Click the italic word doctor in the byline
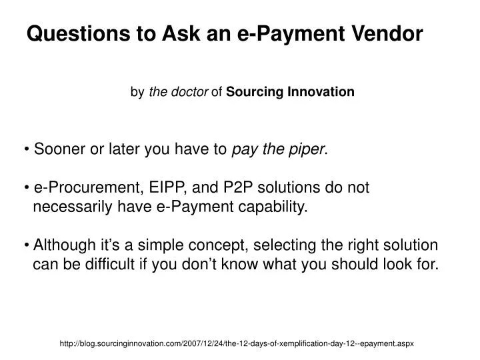pos(190,92)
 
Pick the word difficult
pos(107,263)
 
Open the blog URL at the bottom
pos(237,343)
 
